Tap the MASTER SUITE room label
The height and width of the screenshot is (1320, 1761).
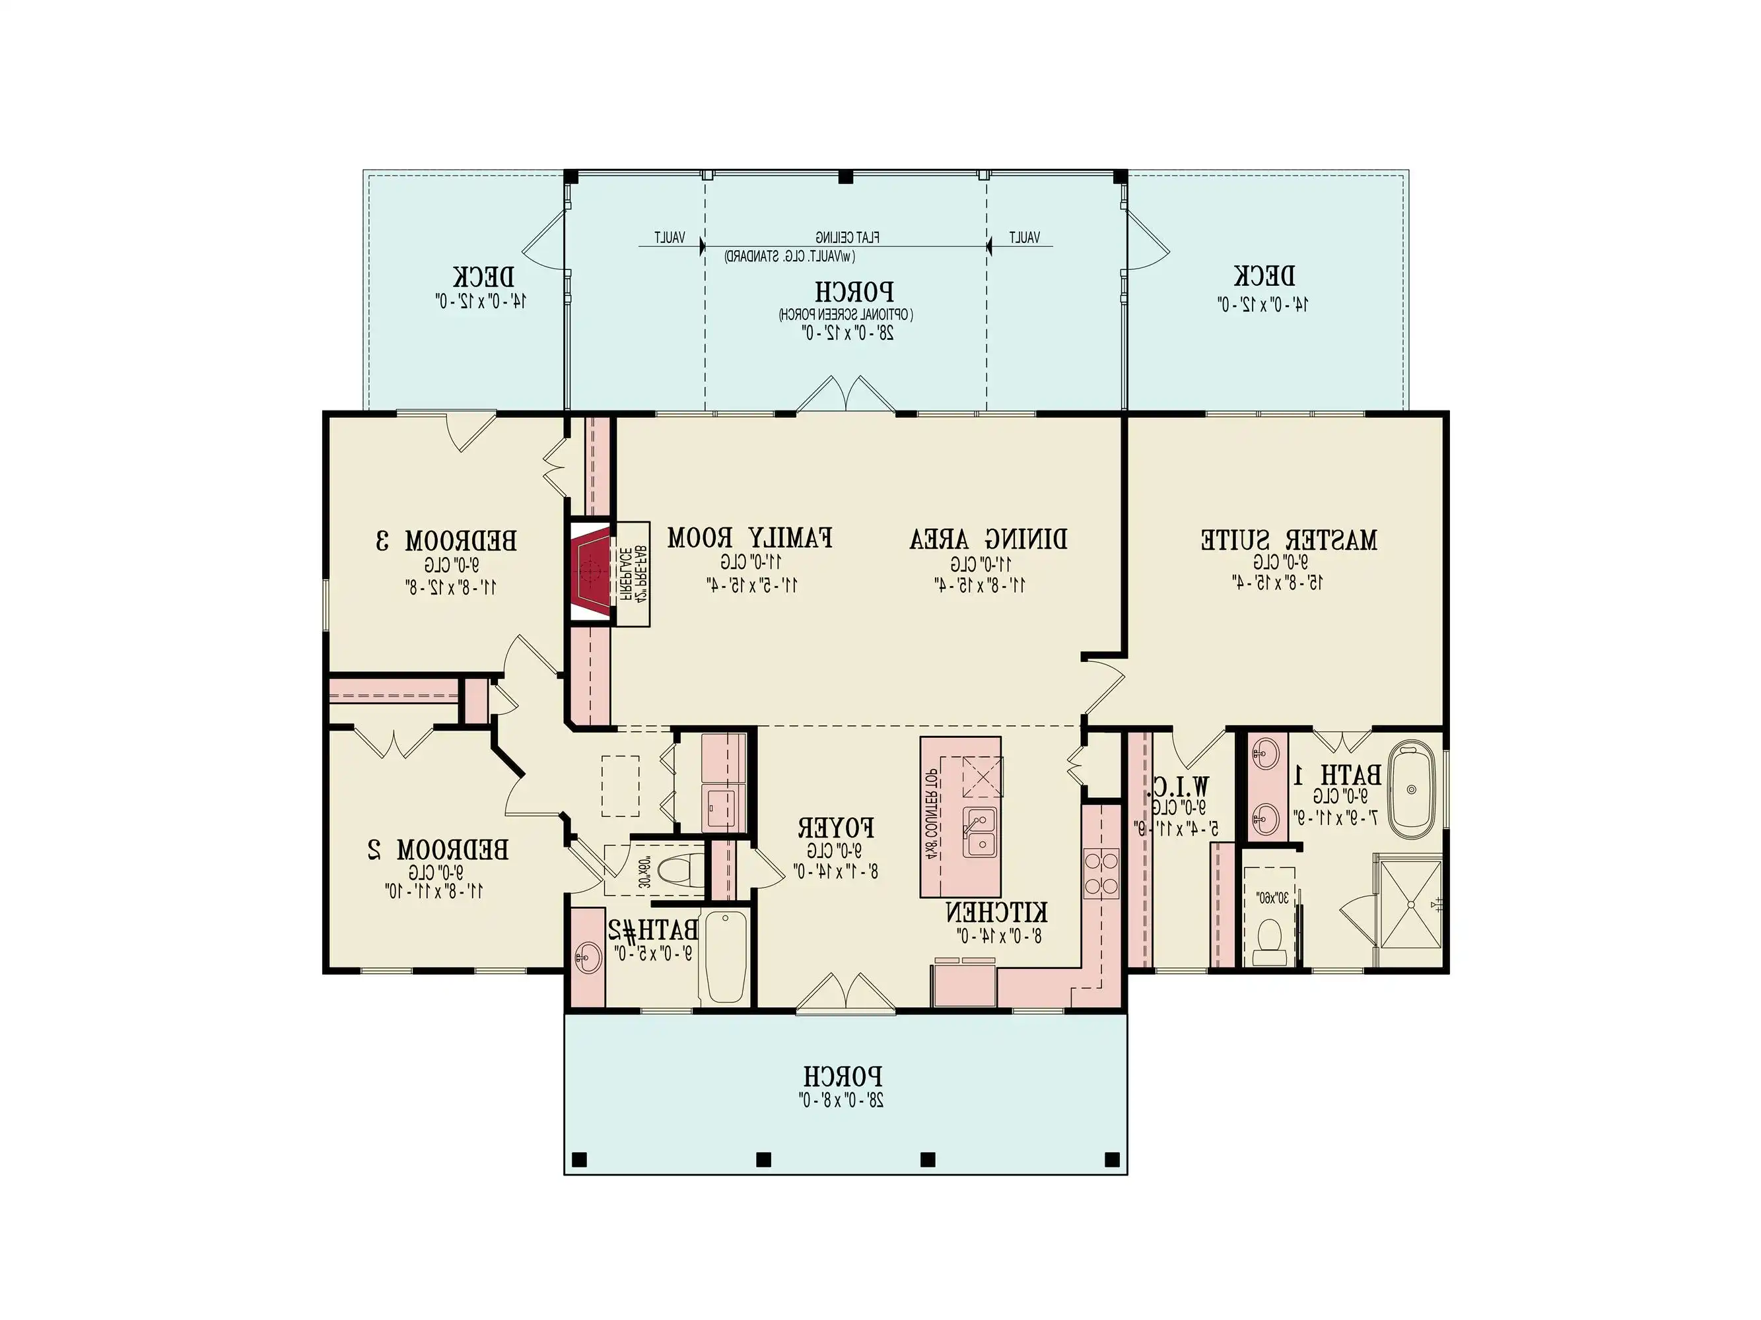[x=1288, y=541]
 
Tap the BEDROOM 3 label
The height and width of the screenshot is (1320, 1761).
[x=446, y=542]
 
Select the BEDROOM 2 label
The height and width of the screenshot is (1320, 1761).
[x=438, y=850]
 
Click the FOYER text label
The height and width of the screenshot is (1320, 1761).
[x=836, y=828]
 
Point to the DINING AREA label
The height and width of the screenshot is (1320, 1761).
[x=988, y=539]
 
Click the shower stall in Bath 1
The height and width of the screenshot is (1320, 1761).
[x=1410, y=903]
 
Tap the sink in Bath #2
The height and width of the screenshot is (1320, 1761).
[x=588, y=956]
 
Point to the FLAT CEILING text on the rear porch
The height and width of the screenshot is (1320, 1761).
[x=846, y=237]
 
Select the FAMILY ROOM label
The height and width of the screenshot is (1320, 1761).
[x=750, y=538]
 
